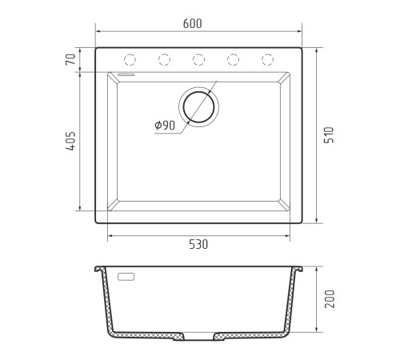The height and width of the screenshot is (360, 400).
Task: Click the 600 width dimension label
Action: click(x=192, y=24)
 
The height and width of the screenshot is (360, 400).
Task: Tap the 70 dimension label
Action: click(x=70, y=59)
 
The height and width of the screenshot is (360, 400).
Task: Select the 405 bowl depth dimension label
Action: click(x=71, y=141)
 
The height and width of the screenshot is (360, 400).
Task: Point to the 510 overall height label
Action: click(x=329, y=135)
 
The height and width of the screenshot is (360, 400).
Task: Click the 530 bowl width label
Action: click(x=198, y=245)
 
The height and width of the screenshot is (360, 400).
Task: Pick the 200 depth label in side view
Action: click(x=330, y=299)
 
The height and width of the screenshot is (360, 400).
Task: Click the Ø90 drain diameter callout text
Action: click(x=165, y=126)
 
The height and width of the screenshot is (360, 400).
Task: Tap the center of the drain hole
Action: click(x=198, y=107)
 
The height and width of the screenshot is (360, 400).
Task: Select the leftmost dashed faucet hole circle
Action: click(x=130, y=59)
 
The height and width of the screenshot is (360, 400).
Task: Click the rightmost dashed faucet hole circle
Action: click(x=267, y=59)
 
